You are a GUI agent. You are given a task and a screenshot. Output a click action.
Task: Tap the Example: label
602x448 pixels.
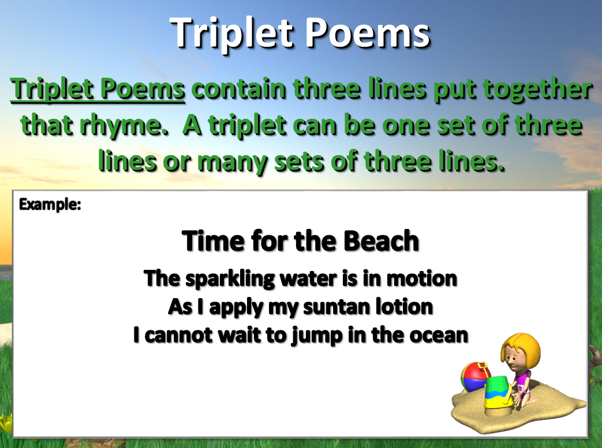coord(50,204)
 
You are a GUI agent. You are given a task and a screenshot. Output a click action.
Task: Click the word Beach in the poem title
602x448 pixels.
coord(381,240)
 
